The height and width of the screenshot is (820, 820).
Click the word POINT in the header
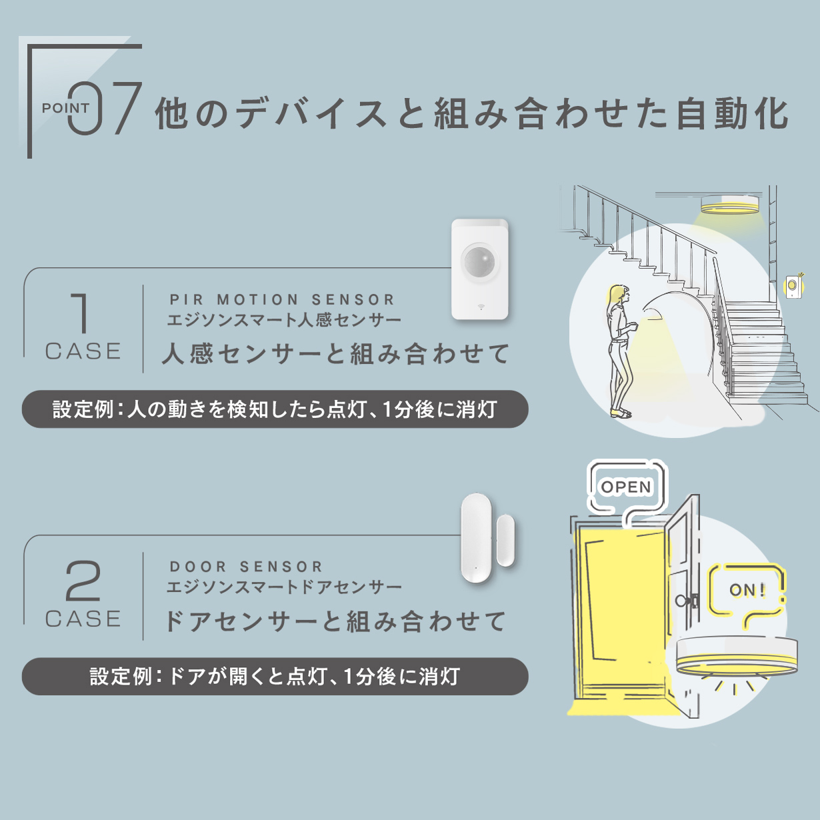(x=65, y=108)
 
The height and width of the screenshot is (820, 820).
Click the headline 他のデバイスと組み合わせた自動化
(x=472, y=113)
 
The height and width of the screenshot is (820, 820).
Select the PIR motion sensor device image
(x=480, y=269)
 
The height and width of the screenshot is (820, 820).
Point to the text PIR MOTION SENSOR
(x=283, y=300)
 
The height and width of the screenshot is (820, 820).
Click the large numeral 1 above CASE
(x=81, y=313)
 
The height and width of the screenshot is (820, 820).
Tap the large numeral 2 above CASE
(x=83, y=581)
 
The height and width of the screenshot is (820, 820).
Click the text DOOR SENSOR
(x=247, y=567)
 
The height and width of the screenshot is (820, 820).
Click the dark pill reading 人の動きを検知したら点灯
(x=275, y=409)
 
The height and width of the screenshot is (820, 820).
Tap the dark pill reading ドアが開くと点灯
(x=275, y=677)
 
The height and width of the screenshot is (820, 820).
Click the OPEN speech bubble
(x=625, y=487)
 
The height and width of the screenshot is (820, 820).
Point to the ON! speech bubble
(x=747, y=591)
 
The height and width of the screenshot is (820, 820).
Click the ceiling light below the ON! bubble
(x=736, y=657)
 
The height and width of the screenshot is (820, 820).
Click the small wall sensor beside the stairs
(x=793, y=286)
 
